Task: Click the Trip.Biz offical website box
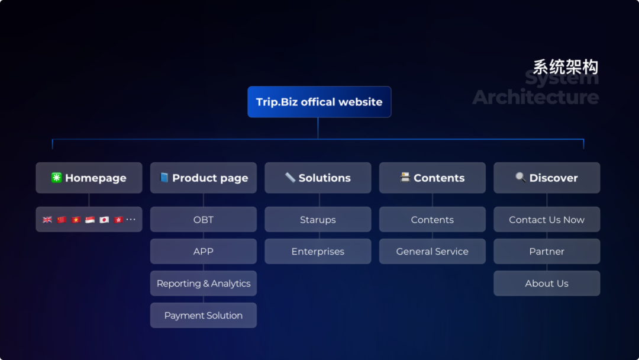click(319, 102)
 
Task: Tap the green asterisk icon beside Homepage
click(56, 178)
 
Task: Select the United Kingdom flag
click(47, 220)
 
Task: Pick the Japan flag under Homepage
click(104, 220)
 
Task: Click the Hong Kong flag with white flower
click(118, 220)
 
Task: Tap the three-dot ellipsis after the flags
click(131, 219)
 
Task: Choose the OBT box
click(204, 219)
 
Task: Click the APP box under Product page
click(204, 251)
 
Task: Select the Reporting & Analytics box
click(204, 284)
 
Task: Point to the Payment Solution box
click(204, 315)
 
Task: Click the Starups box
click(318, 219)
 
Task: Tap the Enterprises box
click(318, 251)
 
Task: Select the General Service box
click(433, 251)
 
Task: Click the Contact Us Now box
click(547, 219)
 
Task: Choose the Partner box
click(547, 251)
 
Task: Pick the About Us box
click(547, 284)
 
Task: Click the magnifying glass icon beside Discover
click(521, 177)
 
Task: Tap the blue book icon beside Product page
click(164, 178)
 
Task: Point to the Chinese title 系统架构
click(566, 67)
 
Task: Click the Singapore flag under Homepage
click(90, 220)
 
